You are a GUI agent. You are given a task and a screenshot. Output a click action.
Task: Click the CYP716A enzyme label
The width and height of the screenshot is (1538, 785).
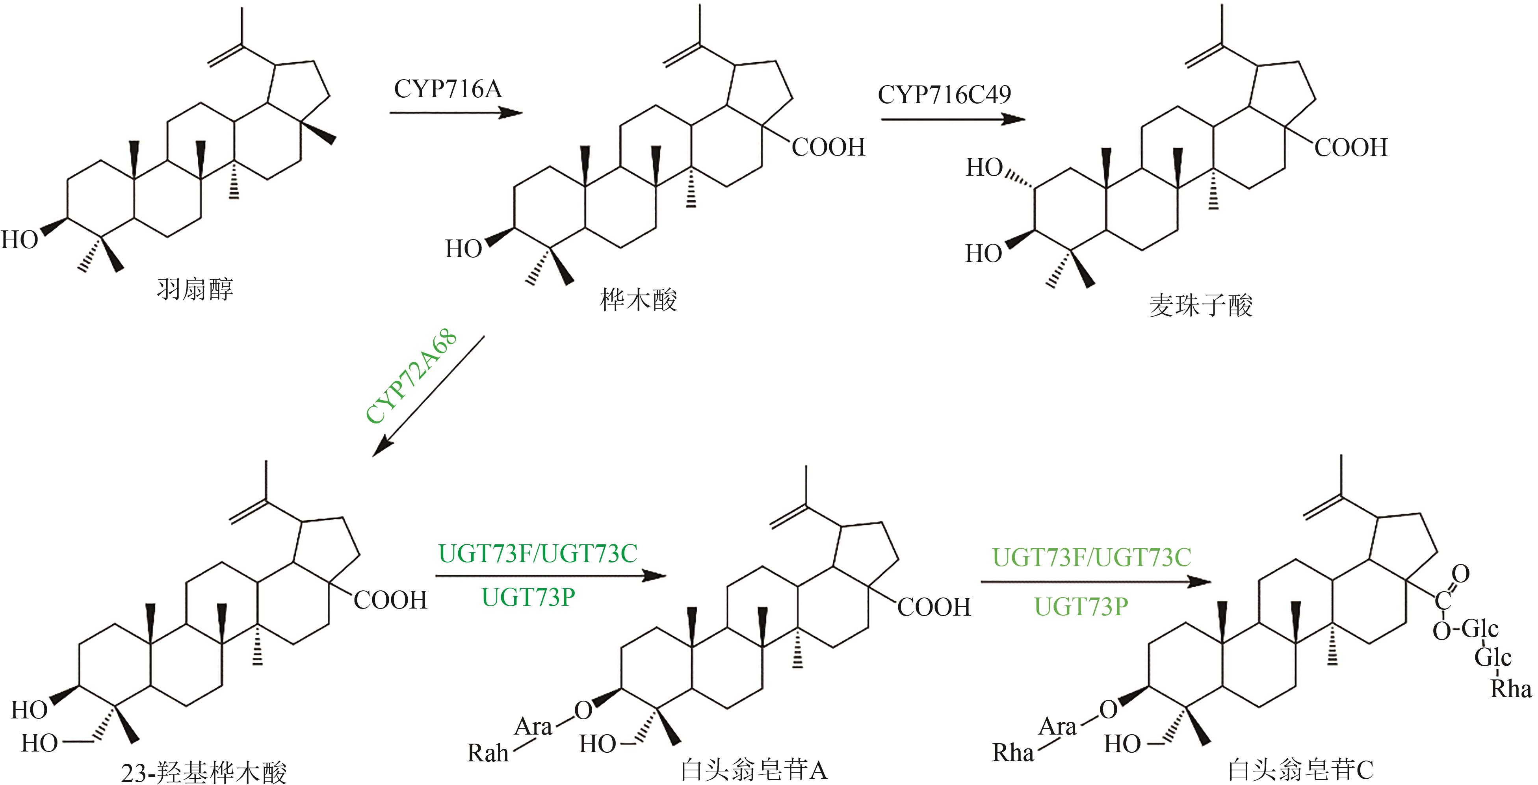click(448, 89)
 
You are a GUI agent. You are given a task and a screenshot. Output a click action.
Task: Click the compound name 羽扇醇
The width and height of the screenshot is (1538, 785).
click(195, 290)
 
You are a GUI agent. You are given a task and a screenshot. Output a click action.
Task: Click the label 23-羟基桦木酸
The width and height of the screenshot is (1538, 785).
click(204, 772)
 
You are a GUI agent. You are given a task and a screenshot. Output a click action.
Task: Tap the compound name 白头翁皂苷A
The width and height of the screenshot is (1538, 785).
click(754, 770)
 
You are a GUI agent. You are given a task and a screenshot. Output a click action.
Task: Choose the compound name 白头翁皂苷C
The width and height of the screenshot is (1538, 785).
click(1300, 770)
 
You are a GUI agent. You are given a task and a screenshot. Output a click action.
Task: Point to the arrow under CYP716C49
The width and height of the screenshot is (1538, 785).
click(953, 119)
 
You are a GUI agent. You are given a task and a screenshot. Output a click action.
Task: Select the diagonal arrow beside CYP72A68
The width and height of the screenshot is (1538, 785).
click(428, 396)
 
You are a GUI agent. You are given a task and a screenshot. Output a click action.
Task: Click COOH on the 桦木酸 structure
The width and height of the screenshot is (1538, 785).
click(828, 147)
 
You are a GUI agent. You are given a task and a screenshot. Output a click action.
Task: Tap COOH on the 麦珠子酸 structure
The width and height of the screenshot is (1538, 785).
click(1350, 147)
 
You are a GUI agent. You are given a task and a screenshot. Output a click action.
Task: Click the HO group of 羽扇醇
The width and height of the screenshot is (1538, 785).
click(20, 240)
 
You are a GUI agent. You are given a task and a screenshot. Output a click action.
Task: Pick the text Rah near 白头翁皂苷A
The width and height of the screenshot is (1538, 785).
click(487, 753)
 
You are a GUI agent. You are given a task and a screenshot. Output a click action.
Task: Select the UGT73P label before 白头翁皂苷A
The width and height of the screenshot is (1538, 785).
click(528, 598)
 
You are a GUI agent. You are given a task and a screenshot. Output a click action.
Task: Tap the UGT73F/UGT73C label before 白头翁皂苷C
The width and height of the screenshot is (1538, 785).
click(1091, 558)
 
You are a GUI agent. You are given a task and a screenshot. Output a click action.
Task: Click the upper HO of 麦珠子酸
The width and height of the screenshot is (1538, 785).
click(984, 168)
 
